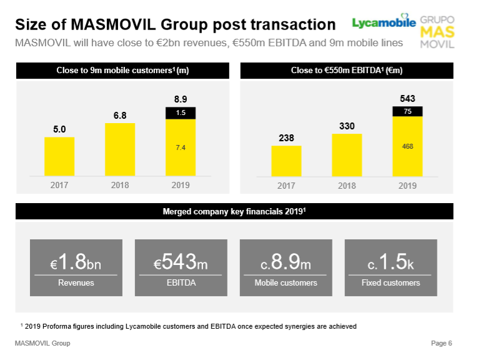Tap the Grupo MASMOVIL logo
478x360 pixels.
click(x=438, y=31)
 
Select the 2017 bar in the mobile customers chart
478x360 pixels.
click(x=59, y=156)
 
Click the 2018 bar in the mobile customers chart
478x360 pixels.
click(x=120, y=149)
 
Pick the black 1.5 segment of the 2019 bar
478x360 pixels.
click(x=180, y=113)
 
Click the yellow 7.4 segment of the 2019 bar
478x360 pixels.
click(x=180, y=147)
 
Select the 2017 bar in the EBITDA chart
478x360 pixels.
click(x=286, y=161)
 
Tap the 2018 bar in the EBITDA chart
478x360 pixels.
click(x=347, y=154)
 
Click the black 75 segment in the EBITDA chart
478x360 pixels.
click(x=407, y=111)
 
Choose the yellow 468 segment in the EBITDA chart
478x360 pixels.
click(x=407, y=146)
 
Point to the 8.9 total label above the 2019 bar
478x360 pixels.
click(x=181, y=99)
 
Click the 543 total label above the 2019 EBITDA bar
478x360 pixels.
click(x=407, y=98)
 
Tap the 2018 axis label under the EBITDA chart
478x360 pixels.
click(x=347, y=186)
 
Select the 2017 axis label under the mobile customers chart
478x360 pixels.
click(x=59, y=186)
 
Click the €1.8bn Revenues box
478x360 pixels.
click(x=76, y=267)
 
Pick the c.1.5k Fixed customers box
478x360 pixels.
click(x=391, y=267)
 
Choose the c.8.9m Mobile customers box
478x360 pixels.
click(x=286, y=267)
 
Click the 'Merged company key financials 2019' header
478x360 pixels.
click(x=234, y=212)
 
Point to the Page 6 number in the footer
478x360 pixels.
click(x=441, y=343)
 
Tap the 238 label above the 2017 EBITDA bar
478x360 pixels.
click(x=286, y=137)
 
